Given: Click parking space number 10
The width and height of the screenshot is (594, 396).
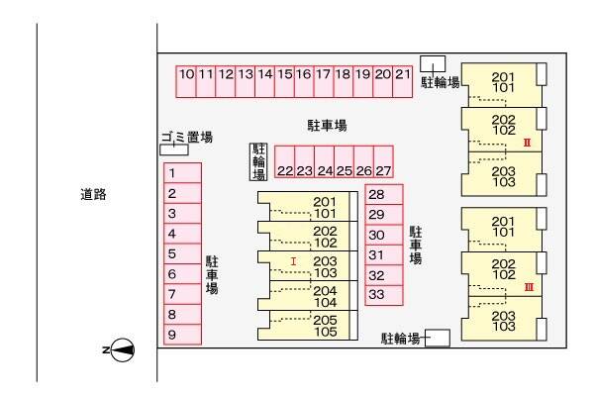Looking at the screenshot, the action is [x=186, y=82].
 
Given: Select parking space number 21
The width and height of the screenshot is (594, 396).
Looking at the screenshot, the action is [x=403, y=82].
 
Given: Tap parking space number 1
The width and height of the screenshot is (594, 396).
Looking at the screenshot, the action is [x=182, y=173].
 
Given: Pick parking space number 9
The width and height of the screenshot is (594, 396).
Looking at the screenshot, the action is [x=182, y=335].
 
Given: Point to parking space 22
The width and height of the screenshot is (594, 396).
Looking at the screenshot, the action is [x=284, y=161].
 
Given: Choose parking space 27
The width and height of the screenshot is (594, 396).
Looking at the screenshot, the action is [x=383, y=161].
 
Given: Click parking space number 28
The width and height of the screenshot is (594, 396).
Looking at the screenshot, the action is [x=384, y=195].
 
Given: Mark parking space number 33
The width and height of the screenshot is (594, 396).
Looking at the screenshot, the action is [x=384, y=295].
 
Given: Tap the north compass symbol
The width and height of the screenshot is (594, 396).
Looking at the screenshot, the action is [x=122, y=349].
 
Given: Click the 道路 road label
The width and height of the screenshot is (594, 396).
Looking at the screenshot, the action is [x=93, y=194].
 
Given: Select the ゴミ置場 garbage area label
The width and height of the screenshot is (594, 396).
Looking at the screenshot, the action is [x=187, y=137].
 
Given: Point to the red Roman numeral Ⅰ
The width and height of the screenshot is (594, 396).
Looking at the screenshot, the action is [x=293, y=261].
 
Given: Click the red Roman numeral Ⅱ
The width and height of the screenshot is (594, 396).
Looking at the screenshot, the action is [x=527, y=143].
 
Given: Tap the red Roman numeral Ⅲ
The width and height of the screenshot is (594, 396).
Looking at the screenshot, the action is [x=530, y=287].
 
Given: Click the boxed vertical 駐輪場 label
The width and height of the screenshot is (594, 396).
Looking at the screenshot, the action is [x=258, y=161].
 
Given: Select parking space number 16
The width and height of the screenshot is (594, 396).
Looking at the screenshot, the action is [x=304, y=82].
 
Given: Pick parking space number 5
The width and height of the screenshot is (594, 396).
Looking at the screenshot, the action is [x=182, y=253].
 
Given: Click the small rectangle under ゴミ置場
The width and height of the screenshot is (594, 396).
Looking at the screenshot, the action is [x=174, y=150].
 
